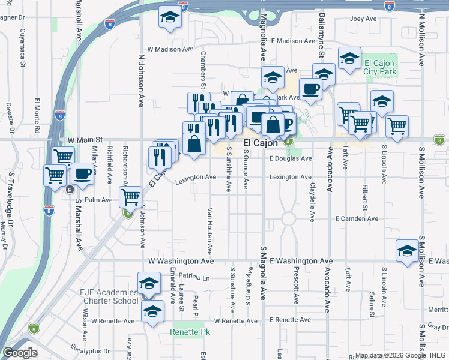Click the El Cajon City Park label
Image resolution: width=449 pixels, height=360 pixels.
pos(381,67)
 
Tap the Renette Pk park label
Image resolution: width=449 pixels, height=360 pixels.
pos(190,332)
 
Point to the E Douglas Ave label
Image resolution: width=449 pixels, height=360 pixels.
pos(291,158)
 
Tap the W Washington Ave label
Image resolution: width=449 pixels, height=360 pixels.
pos(181,262)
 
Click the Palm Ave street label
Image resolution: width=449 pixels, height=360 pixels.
pos(98,200)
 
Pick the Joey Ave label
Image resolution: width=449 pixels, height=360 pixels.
pos(363,19)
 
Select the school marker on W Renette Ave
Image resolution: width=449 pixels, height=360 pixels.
pos(153,311)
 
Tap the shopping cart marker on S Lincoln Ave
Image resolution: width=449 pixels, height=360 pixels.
pos(397,125)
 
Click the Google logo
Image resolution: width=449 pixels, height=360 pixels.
pos(20,353)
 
